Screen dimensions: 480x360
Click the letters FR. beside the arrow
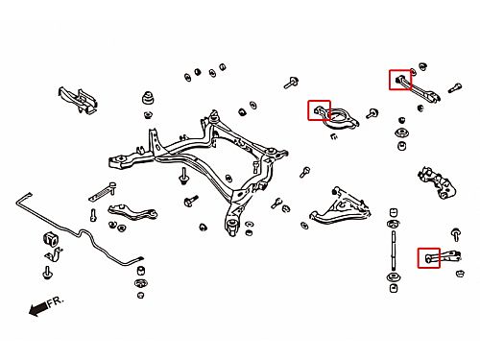tap(56, 302)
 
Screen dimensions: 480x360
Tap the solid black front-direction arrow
tap(38, 309)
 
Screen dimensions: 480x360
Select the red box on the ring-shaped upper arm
tap(319, 110)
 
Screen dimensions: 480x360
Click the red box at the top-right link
tap(400, 80)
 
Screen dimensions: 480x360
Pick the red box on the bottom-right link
tap(429, 258)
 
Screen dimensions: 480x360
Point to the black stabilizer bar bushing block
tap(49, 239)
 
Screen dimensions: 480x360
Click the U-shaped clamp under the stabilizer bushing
tap(54, 255)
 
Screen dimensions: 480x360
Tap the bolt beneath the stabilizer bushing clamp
tap(47, 273)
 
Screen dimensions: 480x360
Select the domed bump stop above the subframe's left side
tap(148, 98)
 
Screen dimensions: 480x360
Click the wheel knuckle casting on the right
tap(437, 183)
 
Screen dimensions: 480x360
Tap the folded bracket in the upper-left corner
tap(78, 99)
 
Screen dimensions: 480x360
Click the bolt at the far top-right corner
tap(454, 87)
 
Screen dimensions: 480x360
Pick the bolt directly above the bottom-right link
tap(456, 234)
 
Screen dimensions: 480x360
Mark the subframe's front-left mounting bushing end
tap(119, 160)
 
